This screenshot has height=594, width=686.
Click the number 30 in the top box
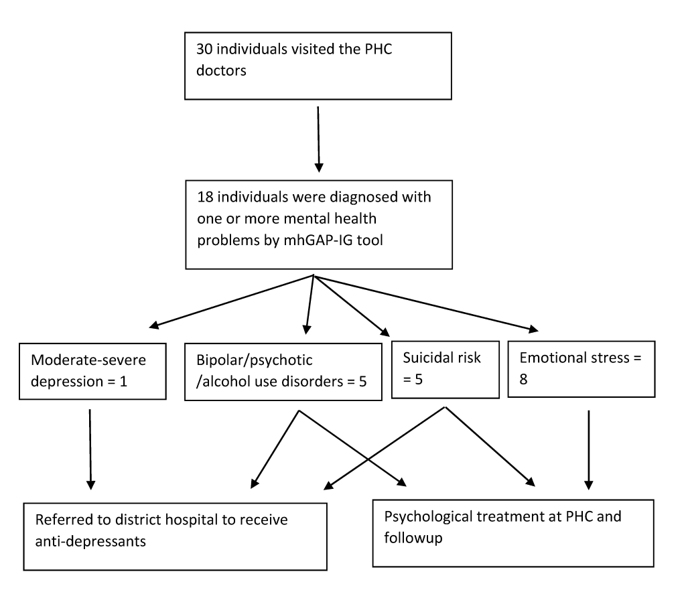pos(204,49)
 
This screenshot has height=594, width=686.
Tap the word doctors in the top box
pos(221,70)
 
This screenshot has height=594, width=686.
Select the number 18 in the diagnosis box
pos(205,198)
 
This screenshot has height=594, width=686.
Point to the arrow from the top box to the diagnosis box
pos(318,139)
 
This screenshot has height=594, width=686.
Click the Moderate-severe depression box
pos(92,372)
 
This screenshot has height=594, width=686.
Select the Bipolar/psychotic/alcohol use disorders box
pos(283,372)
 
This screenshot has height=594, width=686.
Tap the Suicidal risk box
pos(445,370)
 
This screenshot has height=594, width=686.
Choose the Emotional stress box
pos(581,369)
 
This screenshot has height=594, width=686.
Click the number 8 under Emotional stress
pos(523,379)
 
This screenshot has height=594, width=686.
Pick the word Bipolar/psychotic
pos(254,360)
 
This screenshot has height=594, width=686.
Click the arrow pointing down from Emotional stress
pos(588,449)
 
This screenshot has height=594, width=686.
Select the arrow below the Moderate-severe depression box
pos(90,449)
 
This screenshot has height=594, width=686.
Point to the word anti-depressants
pos(90,542)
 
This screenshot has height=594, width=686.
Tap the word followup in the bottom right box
pos(413,538)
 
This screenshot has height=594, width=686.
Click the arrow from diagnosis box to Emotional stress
pos(426,303)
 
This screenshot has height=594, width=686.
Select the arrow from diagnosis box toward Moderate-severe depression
pos(231,301)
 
